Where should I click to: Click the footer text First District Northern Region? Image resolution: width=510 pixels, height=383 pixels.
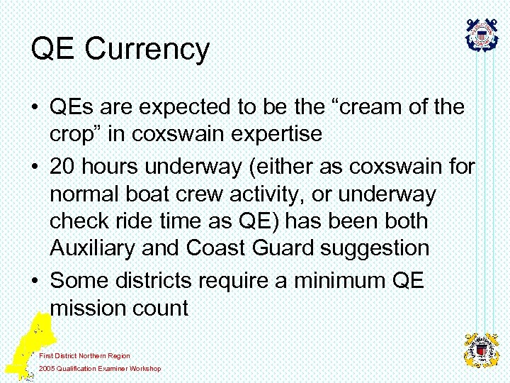click(x=84, y=355)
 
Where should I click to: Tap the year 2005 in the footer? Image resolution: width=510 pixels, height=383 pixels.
click(x=47, y=369)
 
